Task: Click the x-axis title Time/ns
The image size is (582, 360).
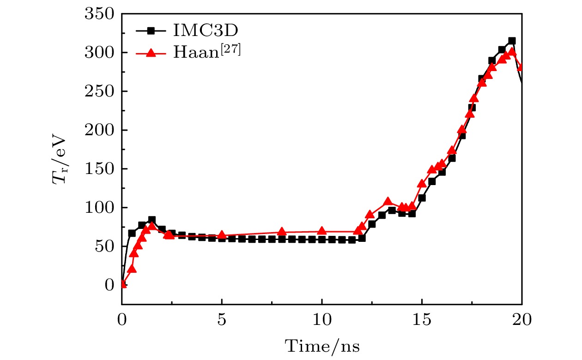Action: pyautogui.click(x=322, y=345)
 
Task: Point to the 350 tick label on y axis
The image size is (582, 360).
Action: pyautogui.click(x=99, y=14)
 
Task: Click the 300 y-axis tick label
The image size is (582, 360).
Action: pyautogui.click(x=99, y=53)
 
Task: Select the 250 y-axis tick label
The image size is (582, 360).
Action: pyautogui.click(x=99, y=92)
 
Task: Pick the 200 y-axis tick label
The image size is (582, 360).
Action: pyautogui.click(x=99, y=131)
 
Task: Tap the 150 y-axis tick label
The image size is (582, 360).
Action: pyautogui.click(x=99, y=169)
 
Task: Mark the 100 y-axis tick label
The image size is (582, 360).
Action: pyautogui.click(x=99, y=208)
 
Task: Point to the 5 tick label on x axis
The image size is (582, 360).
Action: pyautogui.click(x=222, y=319)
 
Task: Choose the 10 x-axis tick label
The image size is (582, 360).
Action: pyautogui.click(x=322, y=319)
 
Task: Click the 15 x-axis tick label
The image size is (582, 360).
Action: pyautogui.click(x=422, y=319)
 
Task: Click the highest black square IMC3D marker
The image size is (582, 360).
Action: pyautogui.click(x=512, y=41)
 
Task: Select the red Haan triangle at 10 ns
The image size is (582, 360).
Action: pyautogui.click(x=322, y=231)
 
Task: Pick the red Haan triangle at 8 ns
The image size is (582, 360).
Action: pyautogui.click(x=282, y=232)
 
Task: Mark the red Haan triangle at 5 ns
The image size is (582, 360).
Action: pyautogui.click(x=222, y=235)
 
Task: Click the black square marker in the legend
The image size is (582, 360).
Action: pyautogui.click(x=151, y=31)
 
